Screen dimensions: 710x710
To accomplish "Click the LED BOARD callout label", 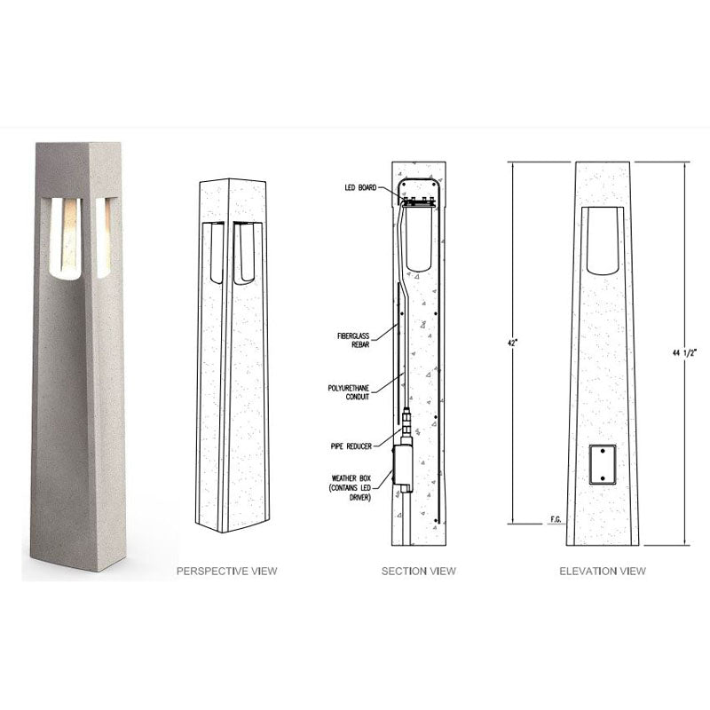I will coord(361,188).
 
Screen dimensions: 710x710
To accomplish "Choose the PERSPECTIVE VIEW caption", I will coord(226,571).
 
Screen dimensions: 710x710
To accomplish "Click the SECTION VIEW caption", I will coord(419,571).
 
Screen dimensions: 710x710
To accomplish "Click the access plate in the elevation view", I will coord(603,464).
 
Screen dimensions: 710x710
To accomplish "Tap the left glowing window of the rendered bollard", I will coord(62,235).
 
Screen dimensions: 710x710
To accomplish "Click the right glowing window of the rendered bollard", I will coord(103,235).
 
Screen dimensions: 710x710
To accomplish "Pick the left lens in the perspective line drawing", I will coord(214,253).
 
